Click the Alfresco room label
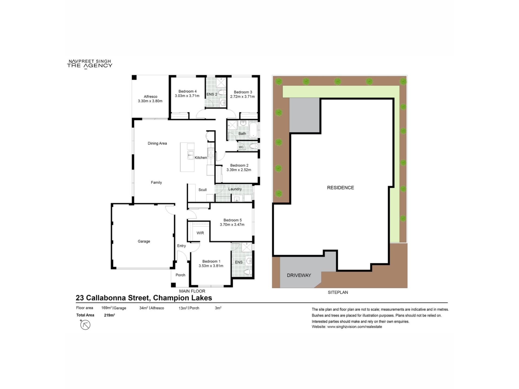coord(151,96)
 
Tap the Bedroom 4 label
coord(187,91)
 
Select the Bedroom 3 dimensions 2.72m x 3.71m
coord(242,96)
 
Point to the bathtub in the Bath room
coord(254,130)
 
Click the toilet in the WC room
coord(253,146)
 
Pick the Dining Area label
coord(157,143)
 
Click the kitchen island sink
coord(191,155)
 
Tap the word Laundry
coord(235,189)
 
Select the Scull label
coord(202,190)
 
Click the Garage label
coord(144,241)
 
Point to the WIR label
coord(200,233)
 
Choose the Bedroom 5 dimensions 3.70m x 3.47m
coord(232,224)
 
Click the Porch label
coord(180,275)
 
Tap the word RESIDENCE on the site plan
coord(340,187)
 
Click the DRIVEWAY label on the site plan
coord(299,275)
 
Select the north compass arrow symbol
coord(85,324)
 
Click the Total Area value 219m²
coord(109,315)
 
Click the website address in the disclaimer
coord(354,327)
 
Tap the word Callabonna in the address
coord(118,298)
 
